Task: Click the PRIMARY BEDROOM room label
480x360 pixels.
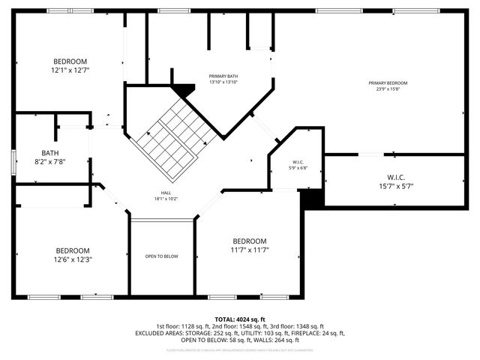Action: [x=388, y=82]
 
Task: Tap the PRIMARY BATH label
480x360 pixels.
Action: [x=223, y=76]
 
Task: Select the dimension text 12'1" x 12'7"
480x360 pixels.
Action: [x=70, y=70]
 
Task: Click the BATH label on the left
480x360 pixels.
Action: [x=50, y=152]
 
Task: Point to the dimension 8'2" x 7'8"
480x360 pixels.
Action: [x=50, y=161]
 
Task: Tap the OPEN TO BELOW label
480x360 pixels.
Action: [x=162, y=256]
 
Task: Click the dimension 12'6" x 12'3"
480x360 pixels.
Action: [x=73, y=259]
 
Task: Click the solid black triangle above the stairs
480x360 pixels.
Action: [x=182, y=90]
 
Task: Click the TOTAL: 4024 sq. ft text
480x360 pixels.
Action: [x=240, y=319]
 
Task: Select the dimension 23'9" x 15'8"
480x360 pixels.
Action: [x=388, y=89]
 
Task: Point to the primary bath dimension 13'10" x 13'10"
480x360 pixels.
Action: [x=223, y=82]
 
